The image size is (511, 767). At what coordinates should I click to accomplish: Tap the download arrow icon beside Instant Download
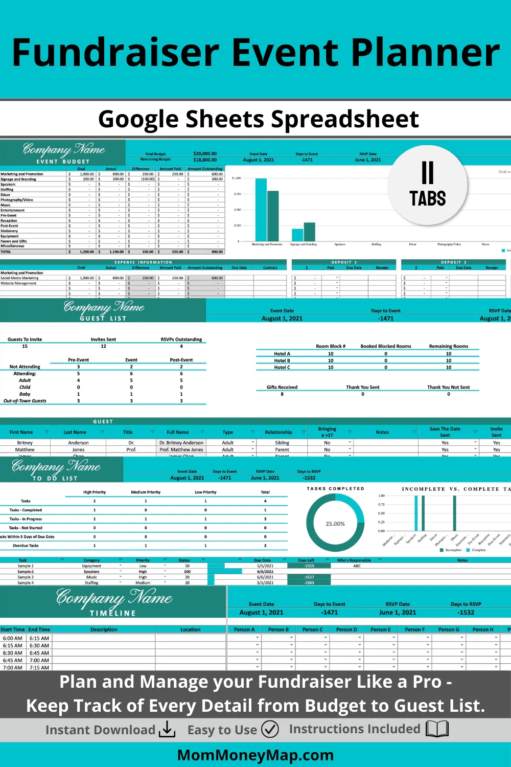[x=167, y=730]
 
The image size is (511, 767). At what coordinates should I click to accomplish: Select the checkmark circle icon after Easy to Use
[x=270, y=729]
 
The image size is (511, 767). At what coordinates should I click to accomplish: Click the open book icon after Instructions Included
[x=437, y=729]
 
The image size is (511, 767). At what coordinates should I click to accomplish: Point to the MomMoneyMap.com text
[x=255, y=755]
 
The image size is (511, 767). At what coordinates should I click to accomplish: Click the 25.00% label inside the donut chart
[x=335, y=524]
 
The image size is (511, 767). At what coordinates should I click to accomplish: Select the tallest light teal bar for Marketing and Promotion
[x=261, y=210]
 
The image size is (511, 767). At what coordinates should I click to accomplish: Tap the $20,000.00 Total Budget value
[x=205, y=153]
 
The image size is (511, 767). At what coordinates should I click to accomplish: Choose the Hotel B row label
[x=282, y=360]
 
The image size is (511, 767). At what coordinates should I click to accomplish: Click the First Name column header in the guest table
[x=21, y=432]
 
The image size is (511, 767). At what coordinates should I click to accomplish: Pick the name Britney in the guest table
[x=25, y=443]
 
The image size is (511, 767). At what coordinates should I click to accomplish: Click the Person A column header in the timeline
[x=244, y=629]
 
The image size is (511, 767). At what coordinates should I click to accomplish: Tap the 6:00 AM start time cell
[x=13, y=638]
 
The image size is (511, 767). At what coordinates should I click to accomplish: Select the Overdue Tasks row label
[x=26, y=546]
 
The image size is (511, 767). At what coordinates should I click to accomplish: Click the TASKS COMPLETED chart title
[x=335, y=488]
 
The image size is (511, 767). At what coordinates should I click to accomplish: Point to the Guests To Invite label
[x=25, y=340]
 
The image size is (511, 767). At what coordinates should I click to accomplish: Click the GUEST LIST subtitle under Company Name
[x=103, y=318]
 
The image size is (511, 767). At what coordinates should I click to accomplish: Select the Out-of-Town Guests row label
[x=25, y=401]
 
